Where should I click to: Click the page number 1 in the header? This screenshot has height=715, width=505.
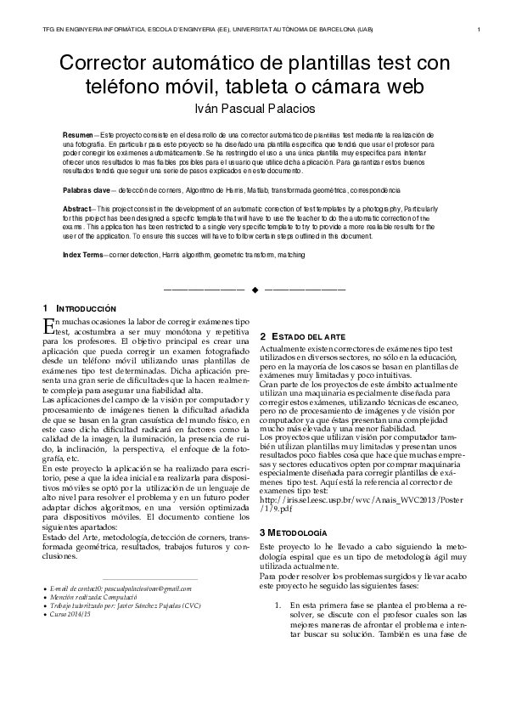[x=480, y=31]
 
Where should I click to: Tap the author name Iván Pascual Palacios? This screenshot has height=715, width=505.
[x=252, y=109]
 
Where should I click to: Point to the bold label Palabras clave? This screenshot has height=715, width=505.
[x=87, y=191]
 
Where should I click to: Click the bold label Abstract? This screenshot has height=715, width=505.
[x=78, y=208]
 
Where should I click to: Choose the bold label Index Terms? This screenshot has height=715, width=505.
[x=83, y=255]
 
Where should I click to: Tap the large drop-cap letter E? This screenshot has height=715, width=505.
[x=48, y=326]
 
